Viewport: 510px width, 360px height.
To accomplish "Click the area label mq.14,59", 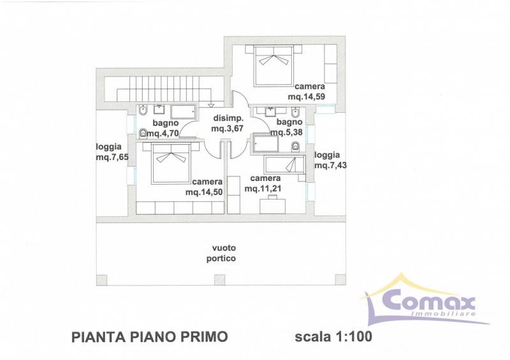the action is pos(307,97).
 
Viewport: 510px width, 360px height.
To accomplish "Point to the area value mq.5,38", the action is pos(286,133).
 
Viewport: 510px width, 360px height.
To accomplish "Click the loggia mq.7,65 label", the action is pos(112,152).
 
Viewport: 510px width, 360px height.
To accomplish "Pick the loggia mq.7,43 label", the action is pos(330,160).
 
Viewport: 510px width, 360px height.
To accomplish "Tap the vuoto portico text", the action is pos(221,254).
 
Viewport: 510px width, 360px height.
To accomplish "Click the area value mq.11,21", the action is pos(263,189).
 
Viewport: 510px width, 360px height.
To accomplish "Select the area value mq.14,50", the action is pos(204,192).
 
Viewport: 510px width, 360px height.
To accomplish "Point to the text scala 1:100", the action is pos(333,337).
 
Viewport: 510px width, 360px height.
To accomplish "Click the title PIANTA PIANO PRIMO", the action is pos(150,337).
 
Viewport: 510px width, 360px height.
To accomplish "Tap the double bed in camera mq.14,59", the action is pos(273,66).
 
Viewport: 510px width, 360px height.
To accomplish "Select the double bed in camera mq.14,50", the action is pos(171,164).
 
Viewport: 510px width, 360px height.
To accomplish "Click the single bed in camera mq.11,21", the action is pos(284,164).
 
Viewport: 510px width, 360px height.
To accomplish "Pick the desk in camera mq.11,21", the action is pos(273,206).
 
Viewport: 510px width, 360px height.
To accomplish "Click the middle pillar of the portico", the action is pos(219,280).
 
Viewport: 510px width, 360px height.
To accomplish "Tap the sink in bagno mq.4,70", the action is pos(159,110).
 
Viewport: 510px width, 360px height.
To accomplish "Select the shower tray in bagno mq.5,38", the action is pos(266,144).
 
